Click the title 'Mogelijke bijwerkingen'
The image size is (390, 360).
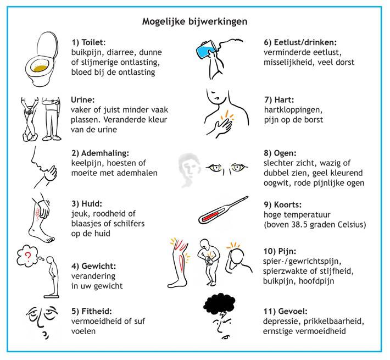195,21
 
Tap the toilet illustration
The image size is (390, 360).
42,59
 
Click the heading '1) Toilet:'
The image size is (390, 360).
88,42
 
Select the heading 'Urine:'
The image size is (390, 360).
83,100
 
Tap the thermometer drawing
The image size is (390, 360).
223,210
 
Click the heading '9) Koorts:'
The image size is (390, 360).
282,205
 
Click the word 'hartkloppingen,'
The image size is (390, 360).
293,110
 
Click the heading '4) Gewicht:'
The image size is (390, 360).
94,266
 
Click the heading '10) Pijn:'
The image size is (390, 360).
280,251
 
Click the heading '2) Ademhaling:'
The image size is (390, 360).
100,153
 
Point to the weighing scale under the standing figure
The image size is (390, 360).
52,296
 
